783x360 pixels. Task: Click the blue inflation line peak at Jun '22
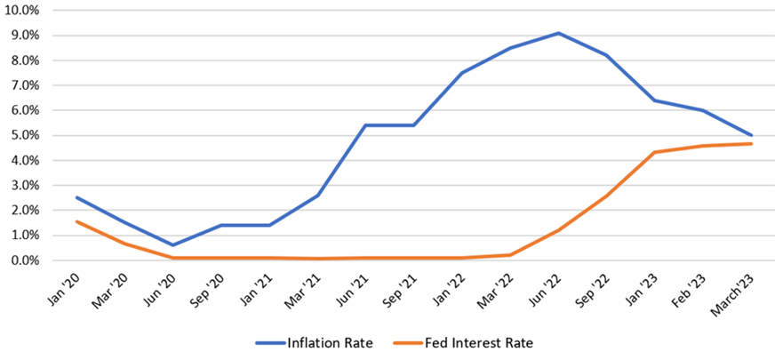[558, 33]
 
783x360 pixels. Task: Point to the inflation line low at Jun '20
[173, 245]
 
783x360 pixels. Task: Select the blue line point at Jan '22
[462, 73]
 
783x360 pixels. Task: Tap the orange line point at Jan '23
[655, 152]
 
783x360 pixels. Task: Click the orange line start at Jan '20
[77, 221]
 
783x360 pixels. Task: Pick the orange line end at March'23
[751, 144]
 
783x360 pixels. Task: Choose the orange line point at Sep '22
[607, 196]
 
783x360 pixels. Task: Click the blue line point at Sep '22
[607, 55]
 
